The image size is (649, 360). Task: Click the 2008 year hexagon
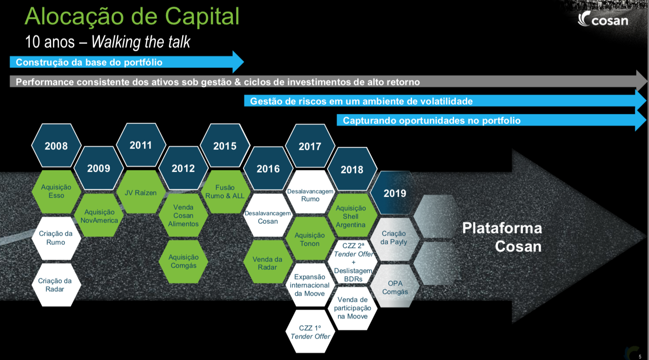click(x=56, y=145)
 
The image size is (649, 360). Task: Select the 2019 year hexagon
click(x=395, y=193)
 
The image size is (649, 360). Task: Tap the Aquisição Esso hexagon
click(x=56, y=191)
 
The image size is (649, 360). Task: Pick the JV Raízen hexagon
click(x=141, y=192)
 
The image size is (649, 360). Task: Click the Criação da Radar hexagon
click(x=55, y=285)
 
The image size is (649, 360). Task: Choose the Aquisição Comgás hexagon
click(x=183, y=261)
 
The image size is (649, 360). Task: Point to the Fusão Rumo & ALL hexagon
click(x=225, y=192)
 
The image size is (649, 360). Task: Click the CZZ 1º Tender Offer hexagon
click(x=310, y=332)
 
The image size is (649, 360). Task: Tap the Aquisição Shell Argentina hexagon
click(x=352, y=216)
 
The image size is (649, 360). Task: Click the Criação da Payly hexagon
click(x=395, y=238)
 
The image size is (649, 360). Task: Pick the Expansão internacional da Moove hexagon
click(x=310, y=285)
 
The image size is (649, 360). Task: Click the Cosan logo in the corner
click(x=603, y=19)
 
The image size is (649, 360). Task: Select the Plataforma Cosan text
click(x=502, y=237)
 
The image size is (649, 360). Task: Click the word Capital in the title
click(x=202, y=17)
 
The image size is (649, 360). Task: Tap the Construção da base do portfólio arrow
click(x=127, y=62)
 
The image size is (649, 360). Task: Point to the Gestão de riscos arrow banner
click(x=445, y=101)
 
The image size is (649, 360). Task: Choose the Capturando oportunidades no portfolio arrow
click(x=492, y=120)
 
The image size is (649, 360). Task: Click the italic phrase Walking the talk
click(x=141, y=42)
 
